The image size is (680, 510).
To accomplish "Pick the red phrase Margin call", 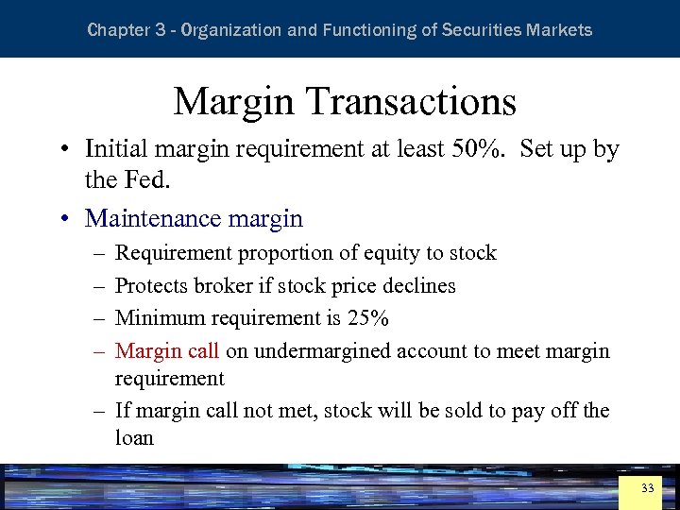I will [x=166, y=351].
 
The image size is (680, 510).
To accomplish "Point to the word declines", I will [x=419, y=285].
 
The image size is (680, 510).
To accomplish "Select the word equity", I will [x=390, y=253].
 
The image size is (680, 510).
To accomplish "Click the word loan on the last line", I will [x=134, y=437].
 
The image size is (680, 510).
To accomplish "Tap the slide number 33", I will [x=647, y=488].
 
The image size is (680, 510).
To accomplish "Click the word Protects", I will [x=151, y=285].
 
